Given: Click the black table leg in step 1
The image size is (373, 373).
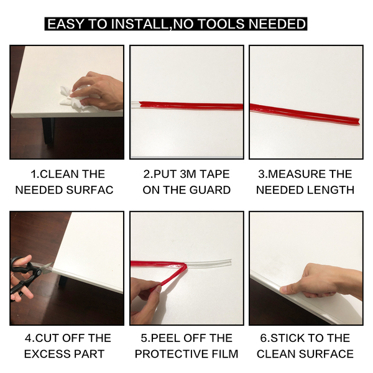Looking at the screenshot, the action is point(48,131).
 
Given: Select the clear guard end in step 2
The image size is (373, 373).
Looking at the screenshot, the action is point(135,105).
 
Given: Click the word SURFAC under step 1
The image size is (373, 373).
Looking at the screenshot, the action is point(90,190).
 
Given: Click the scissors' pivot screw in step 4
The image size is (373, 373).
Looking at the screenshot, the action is point(39,272).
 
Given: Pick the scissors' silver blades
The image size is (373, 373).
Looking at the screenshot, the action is point(45,268).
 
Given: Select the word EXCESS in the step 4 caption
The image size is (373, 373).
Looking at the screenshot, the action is point(44,354).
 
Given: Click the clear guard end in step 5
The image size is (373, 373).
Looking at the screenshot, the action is point(229,262).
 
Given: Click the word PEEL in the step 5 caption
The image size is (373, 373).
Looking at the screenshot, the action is point(160,338).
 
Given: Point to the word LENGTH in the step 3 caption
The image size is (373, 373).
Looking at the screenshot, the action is point(330,190).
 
